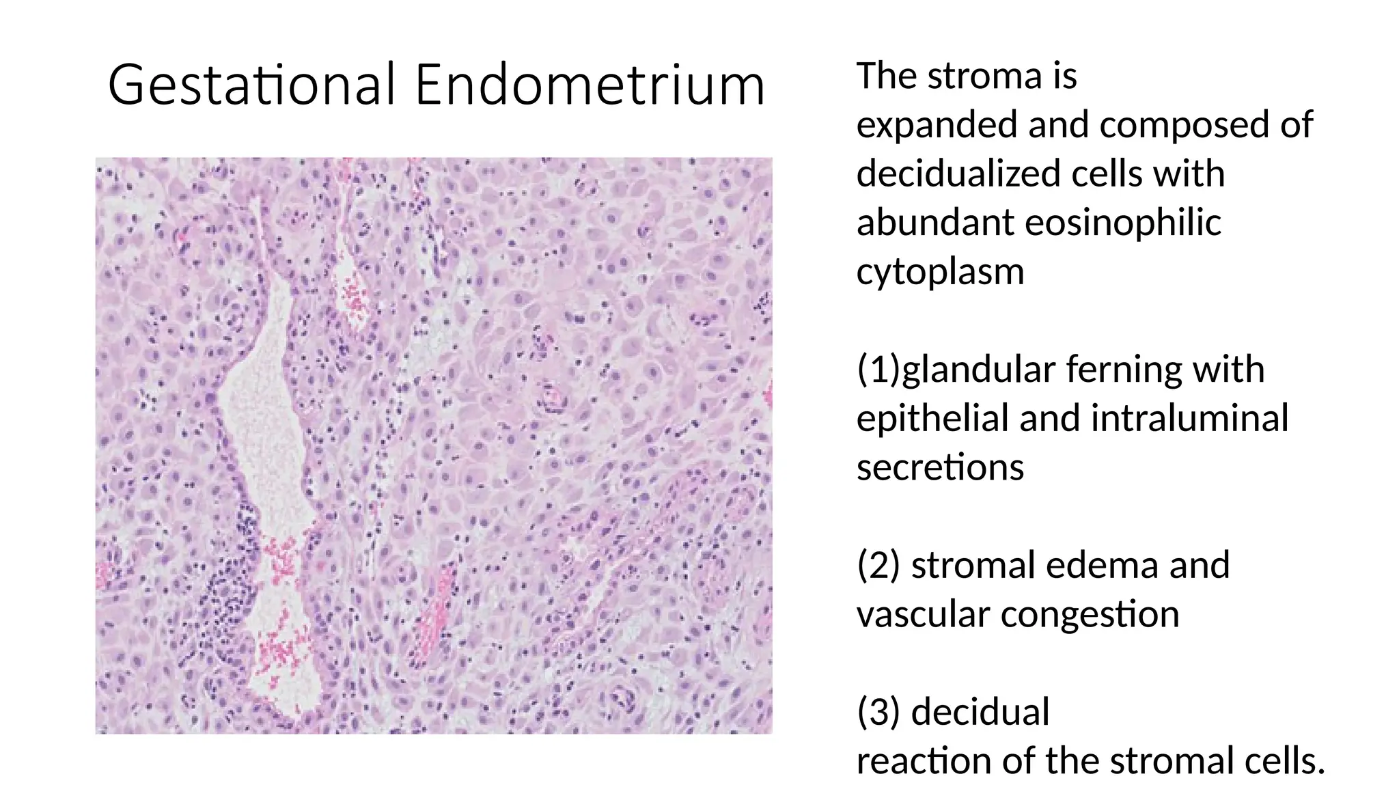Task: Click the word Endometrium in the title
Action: coord(590,85)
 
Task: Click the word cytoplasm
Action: coord(940,272)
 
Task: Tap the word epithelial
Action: coord(932,418)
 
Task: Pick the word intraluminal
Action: coord(1189,418)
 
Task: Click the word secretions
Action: coord(940,467)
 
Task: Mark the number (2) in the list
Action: coord(878,566)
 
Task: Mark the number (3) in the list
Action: coord(878,712)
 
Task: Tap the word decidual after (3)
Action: coord(980,712)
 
